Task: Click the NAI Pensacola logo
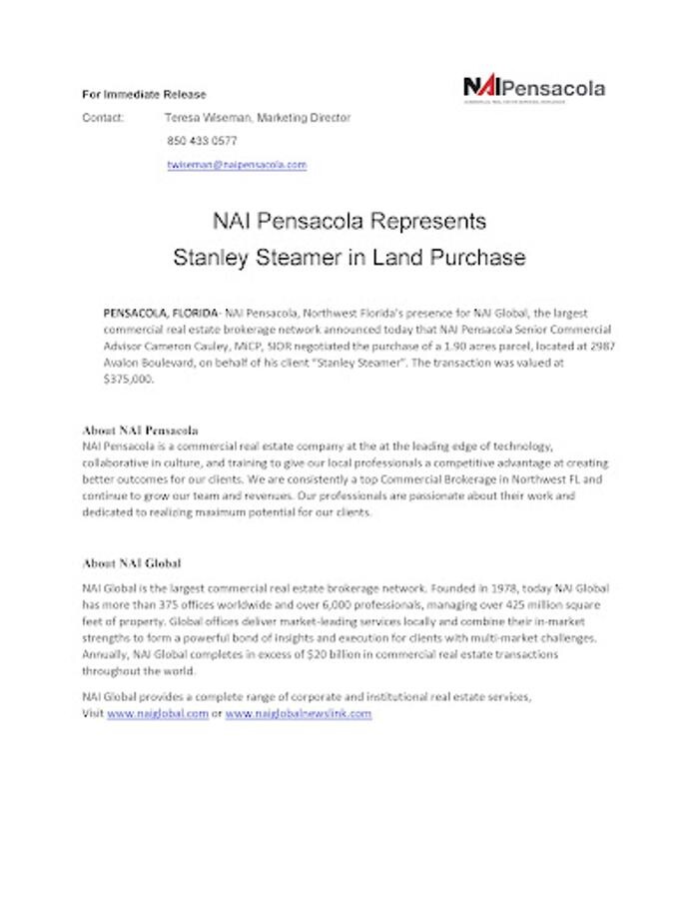click(534, 89)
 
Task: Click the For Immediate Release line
click(144, 95)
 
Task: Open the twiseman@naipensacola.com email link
click(237, 165)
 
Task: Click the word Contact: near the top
click(103, 118)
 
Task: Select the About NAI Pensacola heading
click(141, 431)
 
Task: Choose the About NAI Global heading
click(132, 563)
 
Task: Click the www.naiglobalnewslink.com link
click(299, 714)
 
